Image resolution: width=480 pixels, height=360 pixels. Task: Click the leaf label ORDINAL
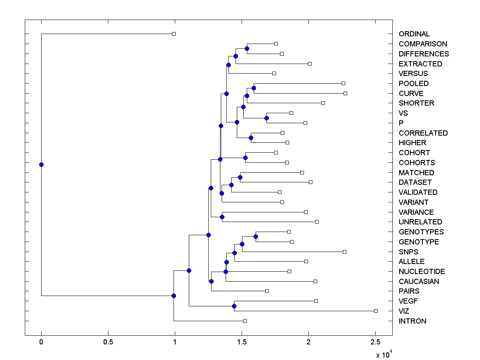[x=414, y=34]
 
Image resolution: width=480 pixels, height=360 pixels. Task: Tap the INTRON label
[x=412, y=321]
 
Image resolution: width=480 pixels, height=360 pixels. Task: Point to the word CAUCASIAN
[x=419, y=282]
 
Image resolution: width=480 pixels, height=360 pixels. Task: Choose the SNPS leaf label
[x=408, y=252]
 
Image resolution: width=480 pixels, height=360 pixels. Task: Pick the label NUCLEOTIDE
[x=422, y=272]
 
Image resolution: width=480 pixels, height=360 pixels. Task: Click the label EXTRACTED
[x=420, y=64]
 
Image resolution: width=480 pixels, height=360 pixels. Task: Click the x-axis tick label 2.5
[x=375, y=342]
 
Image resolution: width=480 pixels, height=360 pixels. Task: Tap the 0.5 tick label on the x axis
[x=108, y=342]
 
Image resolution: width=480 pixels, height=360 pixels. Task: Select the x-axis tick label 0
[x=41, y=342]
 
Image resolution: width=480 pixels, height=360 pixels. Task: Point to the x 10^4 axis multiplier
[x=384, y=354]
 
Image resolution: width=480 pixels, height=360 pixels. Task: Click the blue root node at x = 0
[x=41, y=164]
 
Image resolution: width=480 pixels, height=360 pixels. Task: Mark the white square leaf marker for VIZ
[x=376, y=311]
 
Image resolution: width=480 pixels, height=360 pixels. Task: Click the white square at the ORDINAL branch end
[x=174, y=34]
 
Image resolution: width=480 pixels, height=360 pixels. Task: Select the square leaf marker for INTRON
[x=245, y=321]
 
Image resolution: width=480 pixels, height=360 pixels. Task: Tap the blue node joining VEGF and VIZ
[x=234, y=306]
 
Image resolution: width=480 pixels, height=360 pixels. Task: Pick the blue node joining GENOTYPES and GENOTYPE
[x=256, y=236]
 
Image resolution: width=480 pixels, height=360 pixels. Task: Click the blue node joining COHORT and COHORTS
[x=245, y=158]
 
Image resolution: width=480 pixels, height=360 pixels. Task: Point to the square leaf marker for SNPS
[x=344, y=252]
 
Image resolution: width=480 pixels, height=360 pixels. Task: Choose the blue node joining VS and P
[x=266, y=118]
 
